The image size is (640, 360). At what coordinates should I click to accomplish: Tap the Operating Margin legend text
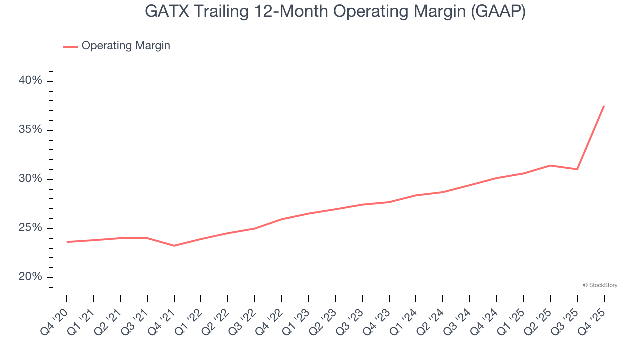coord(126,46)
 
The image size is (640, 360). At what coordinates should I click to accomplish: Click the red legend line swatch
coord(70,46)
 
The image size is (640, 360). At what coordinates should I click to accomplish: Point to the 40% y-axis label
coord(31,81)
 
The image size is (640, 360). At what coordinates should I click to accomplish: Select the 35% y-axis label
coord(31,130)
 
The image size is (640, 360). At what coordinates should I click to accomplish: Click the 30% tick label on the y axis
coord(31,179)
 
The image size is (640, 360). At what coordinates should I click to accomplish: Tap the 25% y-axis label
coord(31,228)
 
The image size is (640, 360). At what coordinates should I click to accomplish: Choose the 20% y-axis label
coord(31,277)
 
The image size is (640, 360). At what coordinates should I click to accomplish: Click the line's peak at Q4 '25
coord(604,106)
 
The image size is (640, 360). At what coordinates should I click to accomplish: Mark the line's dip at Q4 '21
coord(174,246)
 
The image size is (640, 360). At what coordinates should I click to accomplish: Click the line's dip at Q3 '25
coord(577,169)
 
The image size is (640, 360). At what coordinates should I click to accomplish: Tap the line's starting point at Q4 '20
coord(67,242)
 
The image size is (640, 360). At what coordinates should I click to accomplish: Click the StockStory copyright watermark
coord(600,285)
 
